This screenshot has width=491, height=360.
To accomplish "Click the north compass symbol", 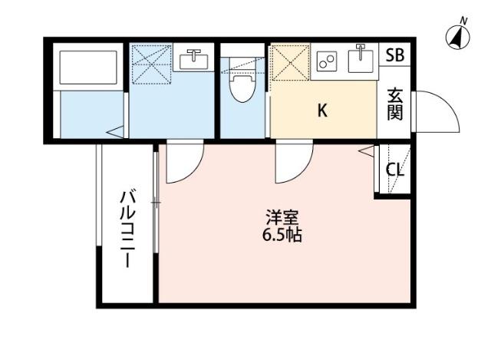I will tap(458, 35).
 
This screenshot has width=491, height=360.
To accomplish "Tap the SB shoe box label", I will tap(394, 55).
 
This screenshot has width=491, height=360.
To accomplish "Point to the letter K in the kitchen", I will tap(323, 111).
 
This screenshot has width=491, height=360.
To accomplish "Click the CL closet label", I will tap(394, 170).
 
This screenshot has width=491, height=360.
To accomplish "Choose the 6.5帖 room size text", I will tap(282, 235).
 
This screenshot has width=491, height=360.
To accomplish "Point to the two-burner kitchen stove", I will tap(328, 61).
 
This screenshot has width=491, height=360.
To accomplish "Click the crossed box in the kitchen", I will tap(289, 62).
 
